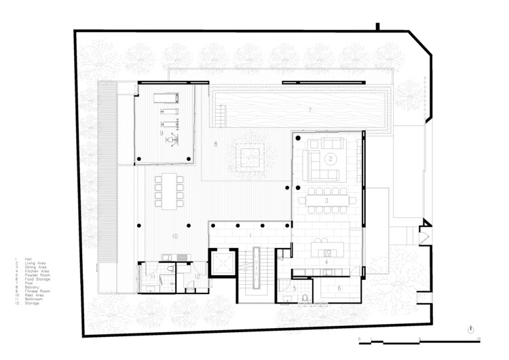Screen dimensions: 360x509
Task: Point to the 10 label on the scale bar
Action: point(479,338)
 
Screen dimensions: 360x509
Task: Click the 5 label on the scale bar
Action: point(420,338)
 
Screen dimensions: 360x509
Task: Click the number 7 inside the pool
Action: point(309,109)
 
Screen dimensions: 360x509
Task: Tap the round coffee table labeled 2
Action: point(331,158)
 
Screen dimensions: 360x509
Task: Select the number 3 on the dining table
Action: point(326,201)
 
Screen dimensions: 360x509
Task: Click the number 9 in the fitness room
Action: point(162,134)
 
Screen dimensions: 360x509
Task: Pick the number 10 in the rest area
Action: point(174,236)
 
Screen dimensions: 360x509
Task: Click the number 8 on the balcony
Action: point(215,144)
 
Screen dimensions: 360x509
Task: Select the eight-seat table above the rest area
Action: point(168,191)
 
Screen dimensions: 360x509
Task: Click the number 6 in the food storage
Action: point(339,288)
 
